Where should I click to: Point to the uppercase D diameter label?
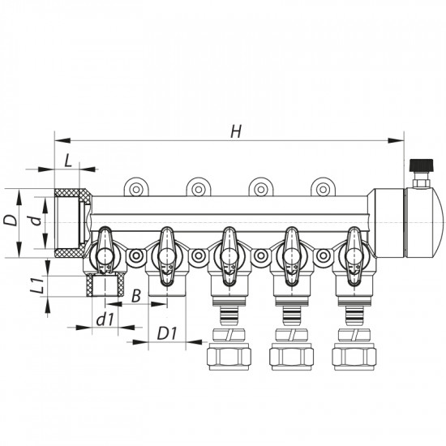[11, 220]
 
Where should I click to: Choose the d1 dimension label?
[103, 319]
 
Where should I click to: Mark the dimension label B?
[137, 294]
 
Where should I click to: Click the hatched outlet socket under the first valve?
[103, 286]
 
